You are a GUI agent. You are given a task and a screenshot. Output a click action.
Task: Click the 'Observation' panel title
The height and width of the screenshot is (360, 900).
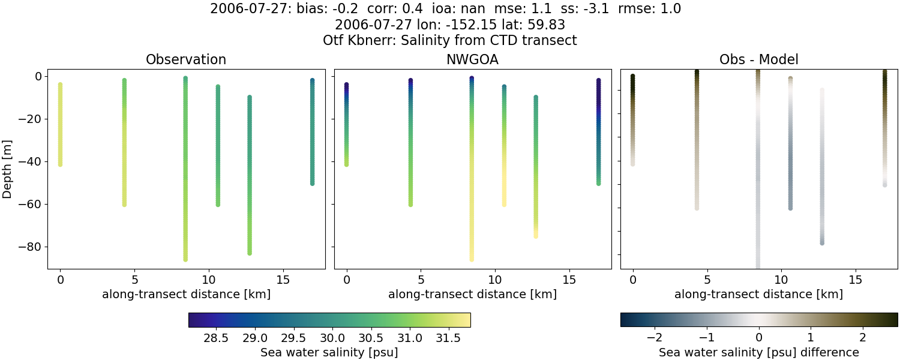click(186, 60)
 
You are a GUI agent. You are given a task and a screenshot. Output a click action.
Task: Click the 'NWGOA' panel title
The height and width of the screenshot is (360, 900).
click(472, 60)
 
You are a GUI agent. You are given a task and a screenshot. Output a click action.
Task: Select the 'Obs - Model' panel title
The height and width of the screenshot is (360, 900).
click(758, 60)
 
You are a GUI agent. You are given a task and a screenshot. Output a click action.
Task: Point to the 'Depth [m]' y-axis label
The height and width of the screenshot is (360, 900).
click(8, 169)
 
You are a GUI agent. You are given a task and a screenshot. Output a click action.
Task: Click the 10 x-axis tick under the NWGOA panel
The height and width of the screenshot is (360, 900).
click(495, 280)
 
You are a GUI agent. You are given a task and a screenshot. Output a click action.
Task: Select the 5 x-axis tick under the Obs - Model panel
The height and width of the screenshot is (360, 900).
click(707, 280)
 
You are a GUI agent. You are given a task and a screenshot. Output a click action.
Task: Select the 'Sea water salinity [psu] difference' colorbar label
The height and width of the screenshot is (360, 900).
click(758, 352)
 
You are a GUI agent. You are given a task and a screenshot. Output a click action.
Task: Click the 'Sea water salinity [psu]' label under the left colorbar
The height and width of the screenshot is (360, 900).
click(329, 352)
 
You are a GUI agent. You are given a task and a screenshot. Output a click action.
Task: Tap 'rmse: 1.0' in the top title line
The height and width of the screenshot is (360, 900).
click(650, 9)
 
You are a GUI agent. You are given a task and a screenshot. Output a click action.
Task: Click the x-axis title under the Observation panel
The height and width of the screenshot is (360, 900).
click(186, 294)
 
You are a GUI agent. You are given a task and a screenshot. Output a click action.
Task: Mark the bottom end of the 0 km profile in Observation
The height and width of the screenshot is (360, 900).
click(60, 164)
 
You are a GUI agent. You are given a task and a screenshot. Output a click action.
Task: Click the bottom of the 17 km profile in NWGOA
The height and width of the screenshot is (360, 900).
click(598, 183)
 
